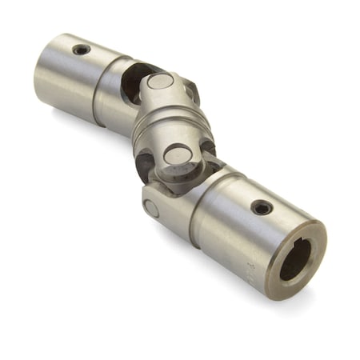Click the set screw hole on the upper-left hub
(x=81, y=50)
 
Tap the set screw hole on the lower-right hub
(x=261, y=207)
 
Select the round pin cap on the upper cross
(x=159, y=82)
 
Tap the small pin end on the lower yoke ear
(x=152, y=207)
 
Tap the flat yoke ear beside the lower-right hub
(x=160, y=208)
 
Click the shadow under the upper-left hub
(x=80, y=120)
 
